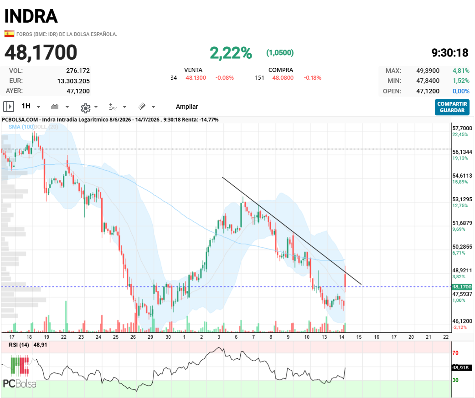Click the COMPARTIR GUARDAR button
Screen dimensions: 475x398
pyautogui.click(x=452, y=107)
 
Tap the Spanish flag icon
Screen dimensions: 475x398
pyautogui.click(x=9, y=34)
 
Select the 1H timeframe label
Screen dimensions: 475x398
pyautogui.click(x=26, y=106)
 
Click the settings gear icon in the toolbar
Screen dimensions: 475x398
pyautogui.click(x=85, y=108)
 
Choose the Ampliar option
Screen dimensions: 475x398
pyautogui.click(x=186, y=107)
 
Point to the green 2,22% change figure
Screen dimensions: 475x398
pyautogui.click(x=231, y=53)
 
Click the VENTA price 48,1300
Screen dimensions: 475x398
pyautogui.click(x=196, y=78)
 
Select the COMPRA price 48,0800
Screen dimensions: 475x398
pyautogui.click(x=283, y=78)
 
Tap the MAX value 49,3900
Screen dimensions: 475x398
pyautogui.click(x=428, y=71)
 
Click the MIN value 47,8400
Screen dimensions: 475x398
pyautogui.click(x=428, y=81)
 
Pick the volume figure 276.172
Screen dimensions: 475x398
pyautogui.click(x=78, y=71)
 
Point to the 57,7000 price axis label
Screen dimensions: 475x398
pyautogui.click(x=462, y=128)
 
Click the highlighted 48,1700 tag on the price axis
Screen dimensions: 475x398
pyautogui.click(x=462, y=286)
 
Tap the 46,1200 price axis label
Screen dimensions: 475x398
pyautogui.click(x=462, y=321)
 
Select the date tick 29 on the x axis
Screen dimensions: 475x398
pyautogui.click(x=150, y=337)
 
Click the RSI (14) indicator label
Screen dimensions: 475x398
pyautogui.click(x=19, y=345)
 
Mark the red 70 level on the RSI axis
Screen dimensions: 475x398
pyautogui.click(x=455, y=353)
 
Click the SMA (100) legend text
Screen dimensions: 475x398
pyautogui.click(x=21, y=127)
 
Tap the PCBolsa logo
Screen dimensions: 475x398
pyautogui.click(x=20, y=372)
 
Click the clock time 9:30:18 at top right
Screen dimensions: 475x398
pyautogui.click(x=450, y=53)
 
